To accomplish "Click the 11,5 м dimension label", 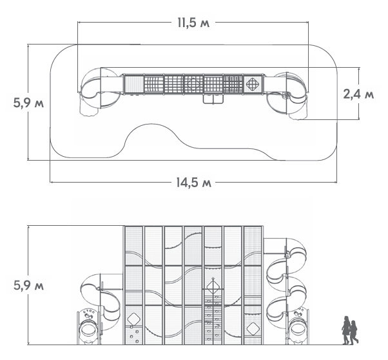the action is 193,23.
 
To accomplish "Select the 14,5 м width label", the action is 194,183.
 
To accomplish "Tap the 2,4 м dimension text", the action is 358,94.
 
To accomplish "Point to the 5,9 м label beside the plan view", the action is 28,103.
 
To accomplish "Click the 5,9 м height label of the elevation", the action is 28,285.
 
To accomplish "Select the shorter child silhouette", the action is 354,332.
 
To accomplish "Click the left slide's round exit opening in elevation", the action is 88,330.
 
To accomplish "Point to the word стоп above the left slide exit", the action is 89,310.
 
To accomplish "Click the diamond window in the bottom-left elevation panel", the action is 134,319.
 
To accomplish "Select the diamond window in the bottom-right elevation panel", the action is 253,329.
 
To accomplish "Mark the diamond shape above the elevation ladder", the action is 213,286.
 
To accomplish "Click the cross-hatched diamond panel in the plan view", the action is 253,84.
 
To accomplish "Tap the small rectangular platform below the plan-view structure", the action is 213,99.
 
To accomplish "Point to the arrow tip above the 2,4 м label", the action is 359,67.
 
